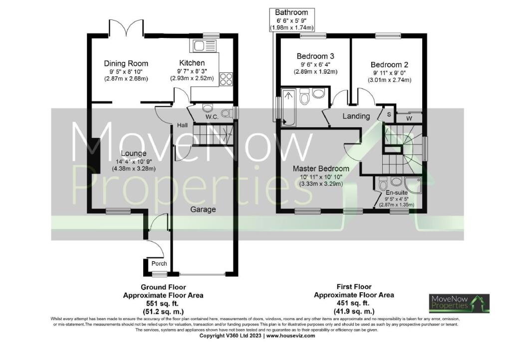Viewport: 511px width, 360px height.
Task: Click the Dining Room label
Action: (126, 63)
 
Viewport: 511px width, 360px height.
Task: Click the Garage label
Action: (203, 209)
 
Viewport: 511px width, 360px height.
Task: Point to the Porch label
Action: (159, 264)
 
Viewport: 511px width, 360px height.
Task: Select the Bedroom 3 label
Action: (315, 56)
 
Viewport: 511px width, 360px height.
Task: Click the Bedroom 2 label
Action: (389, 64)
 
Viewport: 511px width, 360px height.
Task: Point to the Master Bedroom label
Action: (321, 168)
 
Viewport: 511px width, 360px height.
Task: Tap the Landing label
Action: (356, 116)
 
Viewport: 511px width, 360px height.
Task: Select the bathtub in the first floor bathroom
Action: (288, 106)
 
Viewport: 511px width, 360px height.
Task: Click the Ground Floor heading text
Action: (163, 287)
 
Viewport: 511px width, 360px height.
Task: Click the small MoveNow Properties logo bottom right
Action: (459, 303)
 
